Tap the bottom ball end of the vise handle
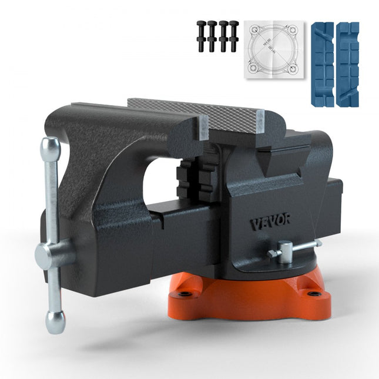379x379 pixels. point(56,320)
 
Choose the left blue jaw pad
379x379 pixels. point(321,64)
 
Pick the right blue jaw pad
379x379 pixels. point(347,64)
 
